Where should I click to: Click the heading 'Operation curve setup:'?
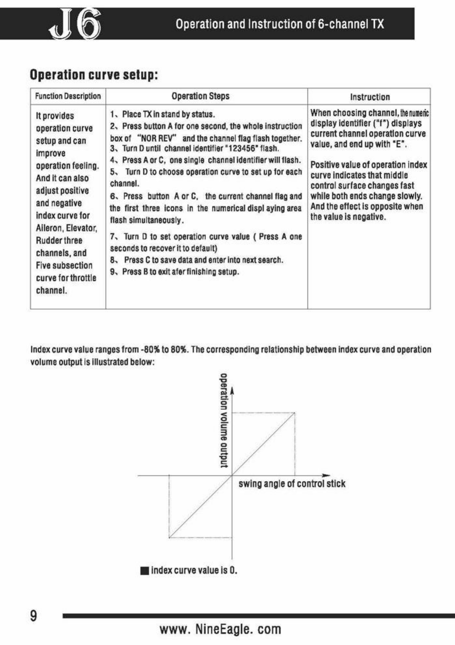point(94,75)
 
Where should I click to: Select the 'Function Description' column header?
point(68,96)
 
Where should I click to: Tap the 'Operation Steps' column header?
point(200,96)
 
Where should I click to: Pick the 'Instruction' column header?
point(370,97)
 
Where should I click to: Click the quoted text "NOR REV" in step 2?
point(157,138)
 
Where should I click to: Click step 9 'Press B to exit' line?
point(174,271)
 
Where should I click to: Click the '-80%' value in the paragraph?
point(150,350)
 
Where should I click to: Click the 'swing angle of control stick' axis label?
point(292,484)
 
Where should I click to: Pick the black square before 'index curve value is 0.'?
point(145,571)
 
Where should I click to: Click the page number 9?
point(34,616)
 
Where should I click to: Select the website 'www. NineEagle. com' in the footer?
point(220,629)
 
